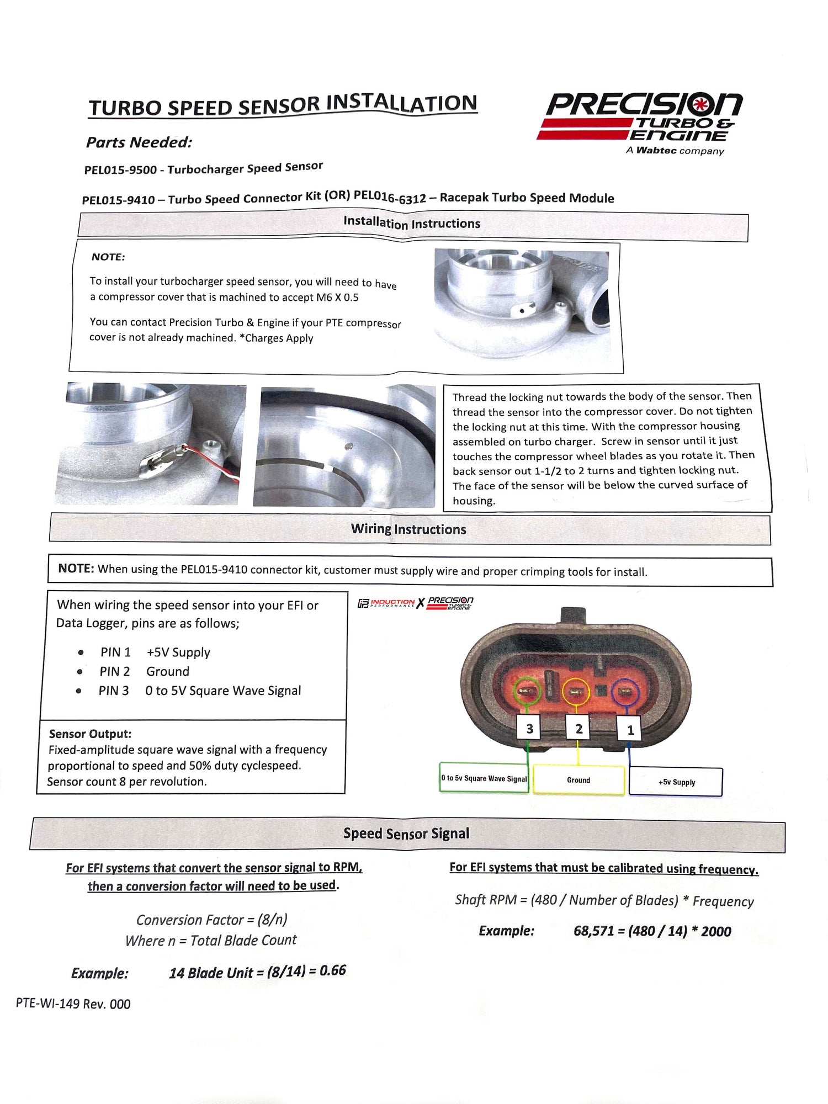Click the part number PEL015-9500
(x=120, y=170)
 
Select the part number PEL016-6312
(x=390, y=197)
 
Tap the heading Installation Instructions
(x=412, y=223)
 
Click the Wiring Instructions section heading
(x=408, y=529)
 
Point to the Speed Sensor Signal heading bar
(x=407, y=834)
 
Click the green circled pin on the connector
(x=527, y=691)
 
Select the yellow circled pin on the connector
(x=576, y=692)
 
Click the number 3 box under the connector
(x=529, y=729)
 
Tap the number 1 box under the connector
(x=630, y=730)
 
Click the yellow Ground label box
(x=578, y=780)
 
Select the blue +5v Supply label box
(x=676, y=782)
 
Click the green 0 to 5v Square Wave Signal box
(x=484, y=778)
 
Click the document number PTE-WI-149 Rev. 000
(x=73, y=1004)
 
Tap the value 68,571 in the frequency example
(x=593, y=931)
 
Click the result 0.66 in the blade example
(x=332, y=970)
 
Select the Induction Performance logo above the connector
(x=386, y=603)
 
